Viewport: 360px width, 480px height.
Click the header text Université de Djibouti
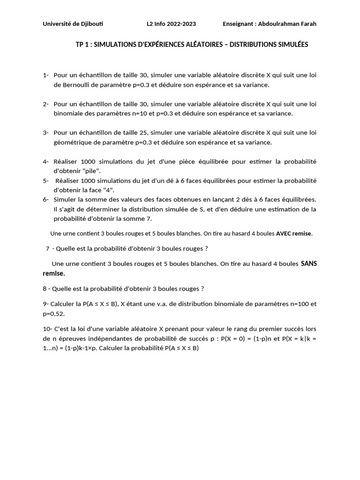[73, 24]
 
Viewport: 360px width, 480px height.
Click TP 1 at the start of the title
[82, 45]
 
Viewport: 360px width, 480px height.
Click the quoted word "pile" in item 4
[92, 171]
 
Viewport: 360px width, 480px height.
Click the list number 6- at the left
[46, 199]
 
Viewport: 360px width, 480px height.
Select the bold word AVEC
[285, 233]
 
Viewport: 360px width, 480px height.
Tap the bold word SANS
[308, 263]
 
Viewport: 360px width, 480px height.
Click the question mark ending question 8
[202, 288]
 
